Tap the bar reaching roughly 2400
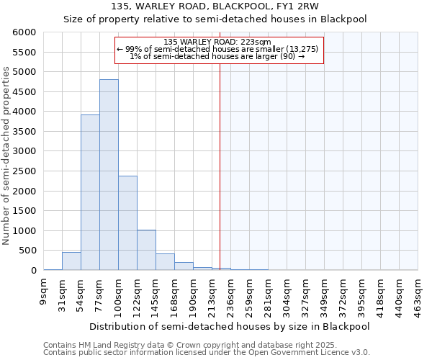pos(127,223)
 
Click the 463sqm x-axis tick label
pos(419,294)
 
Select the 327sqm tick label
pos(307,294)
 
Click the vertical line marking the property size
pos(220,180)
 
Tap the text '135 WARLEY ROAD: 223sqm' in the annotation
pos(217,42)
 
